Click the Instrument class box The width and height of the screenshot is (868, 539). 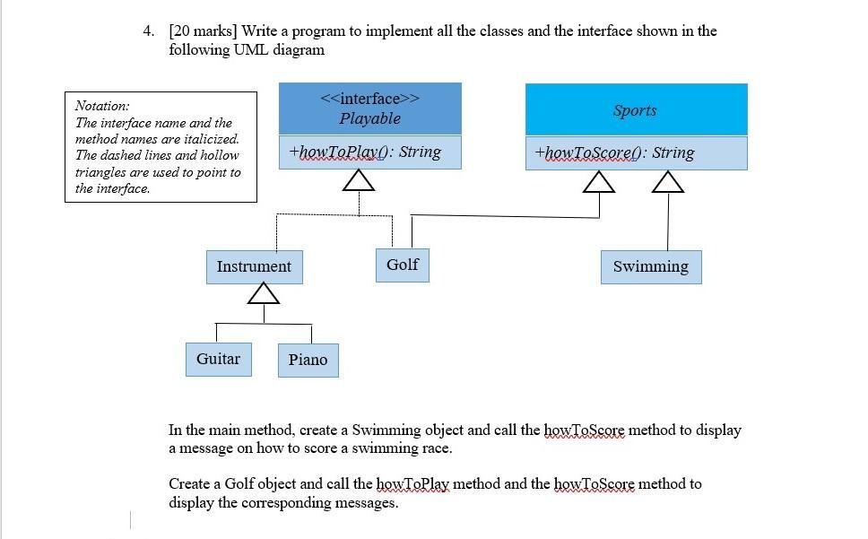[x=254, y=266]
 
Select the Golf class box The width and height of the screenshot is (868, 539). [x=402, y=265]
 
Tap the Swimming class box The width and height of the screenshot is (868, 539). [x=650, y=266]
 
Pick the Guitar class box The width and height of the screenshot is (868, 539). [x=218, y=359]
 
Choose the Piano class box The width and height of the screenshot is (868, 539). [x=308, y=360]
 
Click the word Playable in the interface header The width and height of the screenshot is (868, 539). [x=369, y=118]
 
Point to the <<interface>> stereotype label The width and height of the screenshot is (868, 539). [x=369, y=98]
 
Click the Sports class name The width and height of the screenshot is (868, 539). [x=635, y=110]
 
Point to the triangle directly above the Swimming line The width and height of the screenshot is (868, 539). [x=668, y=183]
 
